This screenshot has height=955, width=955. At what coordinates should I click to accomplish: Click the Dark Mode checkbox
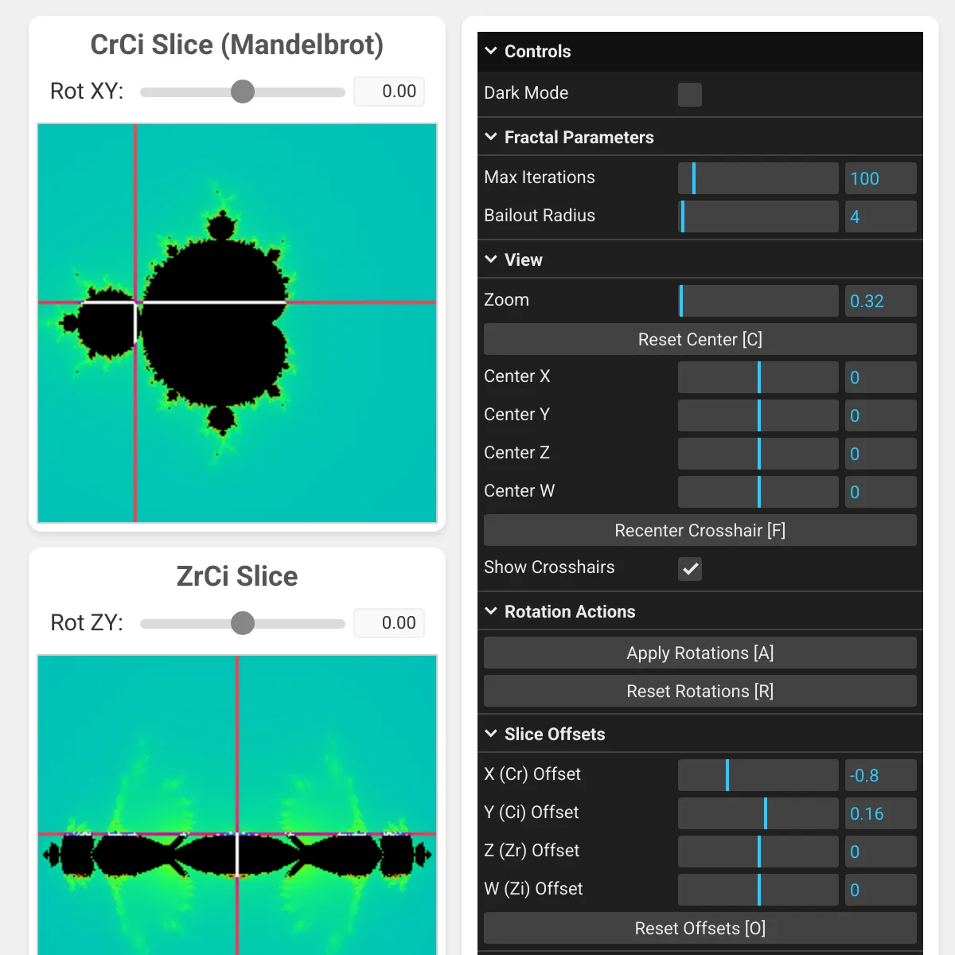tap(689, 95)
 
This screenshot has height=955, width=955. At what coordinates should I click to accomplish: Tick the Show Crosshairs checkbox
tap(689, 569)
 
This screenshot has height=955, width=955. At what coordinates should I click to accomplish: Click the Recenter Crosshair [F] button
tap(700, 531)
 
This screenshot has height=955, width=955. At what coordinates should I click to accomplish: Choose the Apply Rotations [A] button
tap(700, 653)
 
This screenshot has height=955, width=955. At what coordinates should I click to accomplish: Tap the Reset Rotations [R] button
tap(700, 692)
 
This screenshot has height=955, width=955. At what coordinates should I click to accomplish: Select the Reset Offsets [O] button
tap(700, 929)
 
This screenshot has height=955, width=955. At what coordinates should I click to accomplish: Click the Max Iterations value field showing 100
tap(880, 178)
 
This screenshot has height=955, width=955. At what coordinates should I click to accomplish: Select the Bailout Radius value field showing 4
tap(880, 216)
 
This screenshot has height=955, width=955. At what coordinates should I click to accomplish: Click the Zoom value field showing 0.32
tap(880, 301)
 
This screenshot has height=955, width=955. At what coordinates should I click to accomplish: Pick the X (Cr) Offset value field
tap(880, 775)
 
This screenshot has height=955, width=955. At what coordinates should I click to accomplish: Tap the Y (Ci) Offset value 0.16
tap(880, 813)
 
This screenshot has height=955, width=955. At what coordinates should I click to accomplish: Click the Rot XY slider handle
tap(243, 92)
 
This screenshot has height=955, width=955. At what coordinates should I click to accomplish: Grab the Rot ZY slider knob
tap(243, 623)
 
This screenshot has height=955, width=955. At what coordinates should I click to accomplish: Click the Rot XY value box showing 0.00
tap(389, 92)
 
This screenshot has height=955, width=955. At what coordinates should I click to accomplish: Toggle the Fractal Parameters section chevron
tap(491, 137)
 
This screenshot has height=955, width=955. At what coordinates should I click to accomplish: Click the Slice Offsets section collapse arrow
tap(491, 734)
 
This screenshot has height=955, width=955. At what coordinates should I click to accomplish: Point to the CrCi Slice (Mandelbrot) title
tap(236, 45)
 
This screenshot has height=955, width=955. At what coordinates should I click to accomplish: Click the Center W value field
tap(880, 492)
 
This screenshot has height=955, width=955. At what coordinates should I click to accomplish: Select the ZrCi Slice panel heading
tap(236, 576)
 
